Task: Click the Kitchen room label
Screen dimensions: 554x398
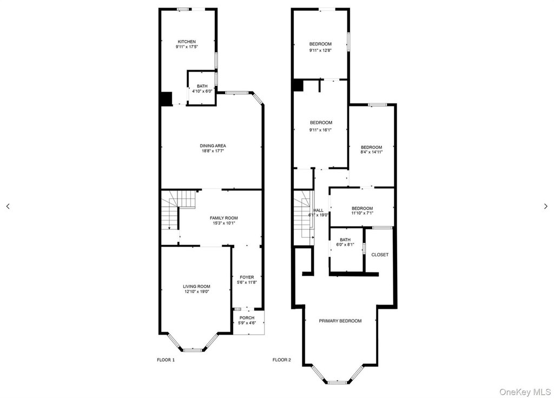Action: coord(187,41)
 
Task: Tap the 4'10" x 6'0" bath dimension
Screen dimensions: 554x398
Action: coord(202,92)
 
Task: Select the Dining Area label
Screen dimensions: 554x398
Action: coord(213,146)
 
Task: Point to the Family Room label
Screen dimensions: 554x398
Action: coord(223,218)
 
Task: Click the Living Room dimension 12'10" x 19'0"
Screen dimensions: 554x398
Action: coord(196,292)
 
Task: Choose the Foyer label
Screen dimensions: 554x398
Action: coord(247,277)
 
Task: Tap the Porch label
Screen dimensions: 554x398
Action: coord(247,318)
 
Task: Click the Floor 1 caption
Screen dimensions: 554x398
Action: coord(166,360)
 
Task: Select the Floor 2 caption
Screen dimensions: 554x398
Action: coord(281,360)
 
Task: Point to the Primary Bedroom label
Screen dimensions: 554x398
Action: coord(340,321)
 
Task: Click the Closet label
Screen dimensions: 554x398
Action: coord(380,255)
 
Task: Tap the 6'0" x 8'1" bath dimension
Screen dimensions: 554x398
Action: coord(345,244)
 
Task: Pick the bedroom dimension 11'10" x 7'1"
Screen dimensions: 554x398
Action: coord(362,213)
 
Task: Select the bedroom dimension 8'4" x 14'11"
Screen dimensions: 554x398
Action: coord(371,152)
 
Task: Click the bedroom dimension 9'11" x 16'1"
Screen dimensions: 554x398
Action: coord(321,130)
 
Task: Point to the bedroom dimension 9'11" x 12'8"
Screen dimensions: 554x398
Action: coord(320,50)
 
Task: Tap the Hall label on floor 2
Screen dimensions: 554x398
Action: coord(318,210)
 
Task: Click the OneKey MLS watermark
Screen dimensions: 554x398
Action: coord(525,392)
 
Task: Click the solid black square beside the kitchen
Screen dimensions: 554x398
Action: coord(167,99)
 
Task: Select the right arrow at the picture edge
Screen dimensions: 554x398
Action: coord(546,206)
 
